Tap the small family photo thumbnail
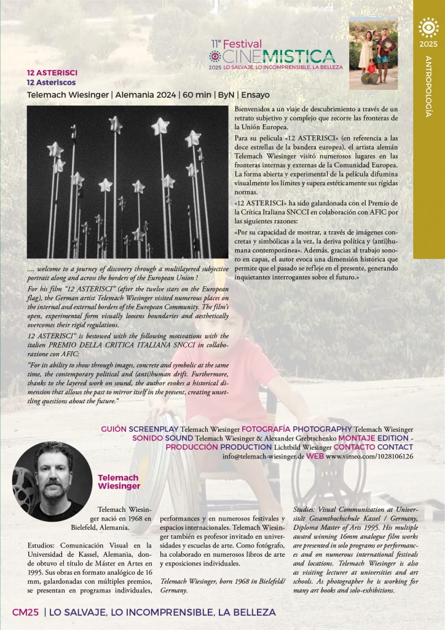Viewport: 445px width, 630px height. click(x=373, y=54)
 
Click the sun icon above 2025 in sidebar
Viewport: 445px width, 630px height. click(x=428, y=28)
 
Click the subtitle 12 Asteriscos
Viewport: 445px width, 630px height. click(x=52, y=82)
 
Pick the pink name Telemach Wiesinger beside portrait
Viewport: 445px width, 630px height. click(x=119, y=482)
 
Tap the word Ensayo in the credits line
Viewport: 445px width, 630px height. click(x=254, y=95)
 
